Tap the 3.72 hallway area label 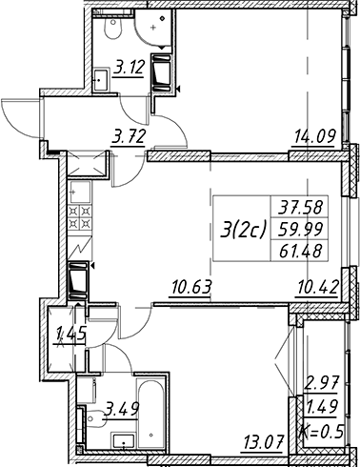[x=129, y=137]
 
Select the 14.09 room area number [x=315, y=137]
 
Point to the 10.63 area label [x=190, y=287]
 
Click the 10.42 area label [x=317, y=287]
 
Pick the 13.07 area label [x=263, y=440]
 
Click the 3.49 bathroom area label [x=123, y=409]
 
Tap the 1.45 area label [x=70, y=334]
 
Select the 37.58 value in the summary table [x=300, y=208]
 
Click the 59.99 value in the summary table [x=300, y=230]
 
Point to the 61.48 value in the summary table [x=300, y=251]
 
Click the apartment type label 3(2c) [x=243, y=230]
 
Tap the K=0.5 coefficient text [x=323, y=431]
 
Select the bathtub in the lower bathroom [x=150, y=412]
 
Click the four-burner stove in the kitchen [x=80, y=216]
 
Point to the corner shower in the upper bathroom [x=153, y=27]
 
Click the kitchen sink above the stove [x=80, y=193]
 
